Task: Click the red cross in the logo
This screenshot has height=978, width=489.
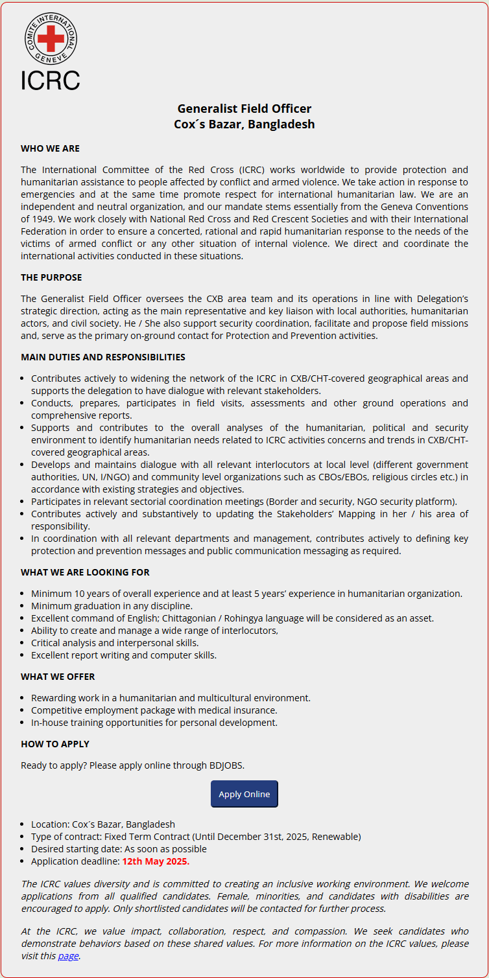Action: [50, 39]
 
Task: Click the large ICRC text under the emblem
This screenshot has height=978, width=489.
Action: [50, 80]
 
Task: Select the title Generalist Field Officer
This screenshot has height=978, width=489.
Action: [244, 109]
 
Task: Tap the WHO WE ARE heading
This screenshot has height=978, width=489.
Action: [50, 148]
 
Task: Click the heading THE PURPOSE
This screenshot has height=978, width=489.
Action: [51, 277]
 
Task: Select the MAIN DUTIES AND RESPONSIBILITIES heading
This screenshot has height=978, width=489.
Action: [103, 357]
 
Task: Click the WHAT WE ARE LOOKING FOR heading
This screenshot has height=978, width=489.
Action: [85, 572]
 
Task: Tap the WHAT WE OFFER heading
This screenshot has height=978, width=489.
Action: [58, 677]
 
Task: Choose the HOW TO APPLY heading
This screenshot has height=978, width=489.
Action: [55, 744]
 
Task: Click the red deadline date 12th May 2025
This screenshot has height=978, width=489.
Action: [156, 861]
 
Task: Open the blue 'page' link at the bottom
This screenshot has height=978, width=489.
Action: [68, 956]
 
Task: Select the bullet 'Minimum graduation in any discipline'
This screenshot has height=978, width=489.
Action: [112, 606]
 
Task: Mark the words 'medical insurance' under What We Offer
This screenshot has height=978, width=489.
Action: [240, 710]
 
